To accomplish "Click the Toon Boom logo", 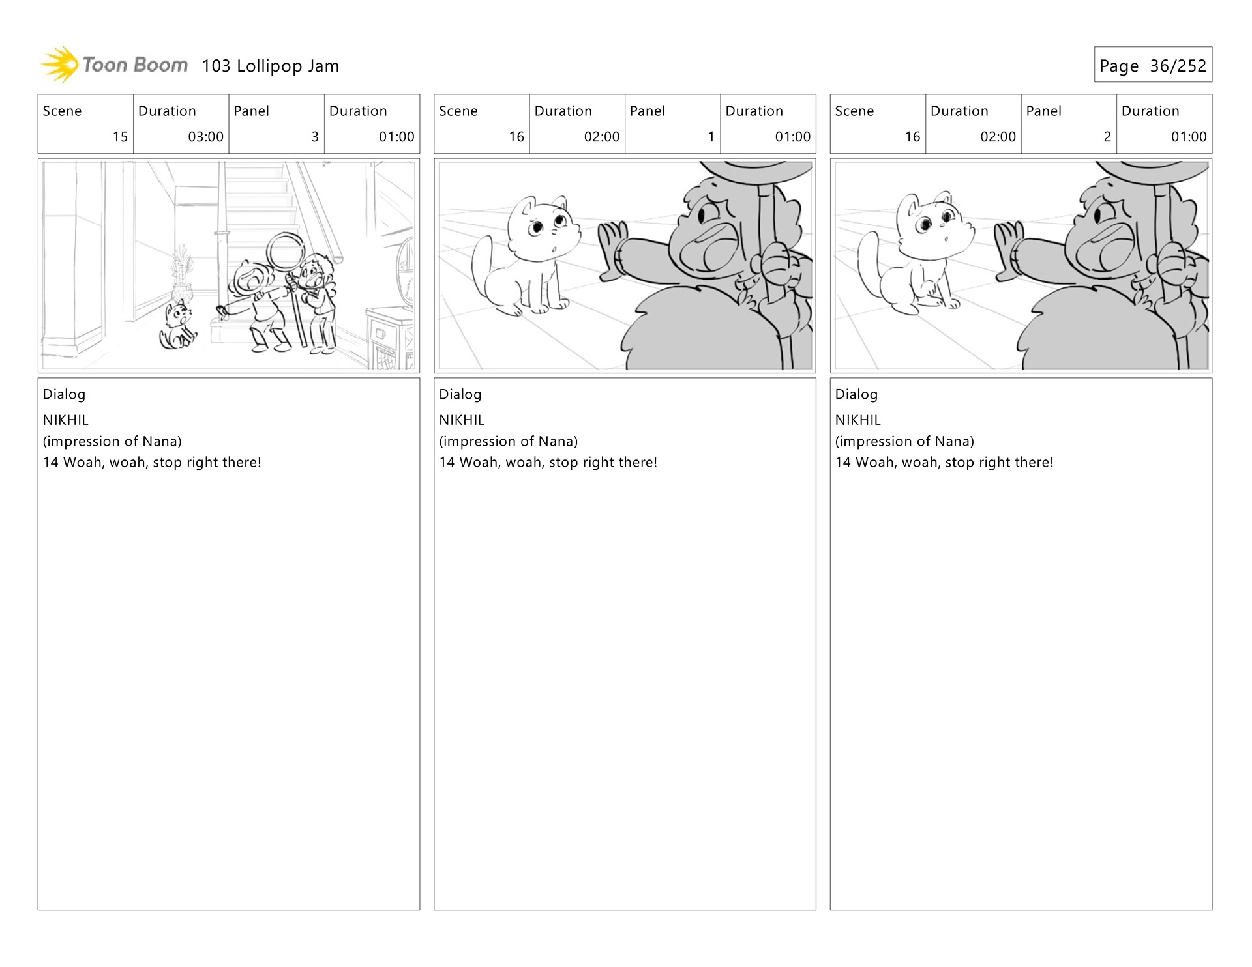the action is pos(114,65).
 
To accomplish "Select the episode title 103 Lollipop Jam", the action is pos(271,66).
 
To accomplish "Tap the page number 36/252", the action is pos(1178,66).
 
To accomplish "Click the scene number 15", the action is pos(120,137).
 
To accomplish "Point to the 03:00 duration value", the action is pos(205,137).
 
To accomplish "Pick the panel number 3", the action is pos(315,137).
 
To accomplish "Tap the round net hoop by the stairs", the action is pos(285,252).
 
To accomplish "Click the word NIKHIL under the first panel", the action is pos(66,420).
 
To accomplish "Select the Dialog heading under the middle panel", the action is pos(460,394).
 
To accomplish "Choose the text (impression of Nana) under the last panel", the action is pos(904,441).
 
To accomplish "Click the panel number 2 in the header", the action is pos(1107,137).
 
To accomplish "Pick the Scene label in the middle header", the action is pos(458,111).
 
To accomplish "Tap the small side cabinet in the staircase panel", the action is pos(389,338).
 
